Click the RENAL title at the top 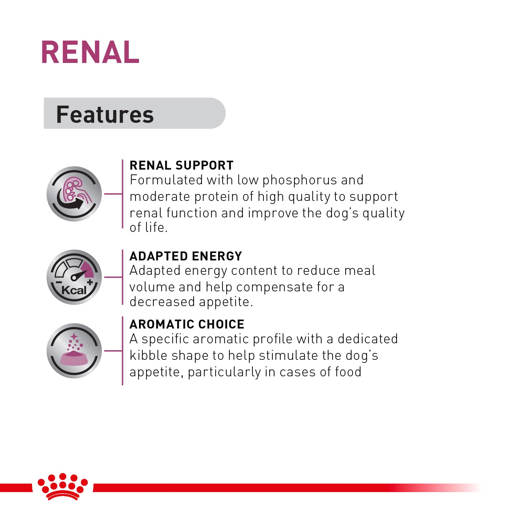click(90, 52)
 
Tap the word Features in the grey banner click(105, 115)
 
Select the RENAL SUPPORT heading click(181, 165)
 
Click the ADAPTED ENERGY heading click(186, 256)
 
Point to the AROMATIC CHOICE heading click(187, 324)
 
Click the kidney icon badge click(74, 194)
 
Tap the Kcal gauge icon click(74, 277)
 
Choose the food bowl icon click(74, 351)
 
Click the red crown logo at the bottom click(63, 486)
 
